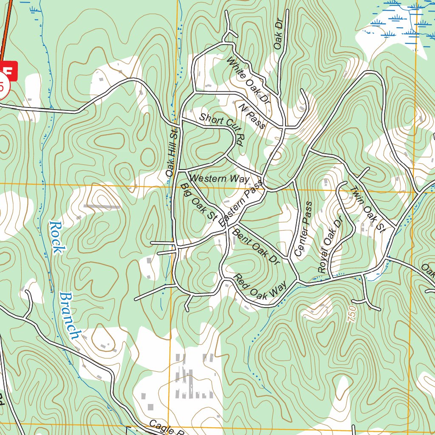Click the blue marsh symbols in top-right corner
tap(395, 21)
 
